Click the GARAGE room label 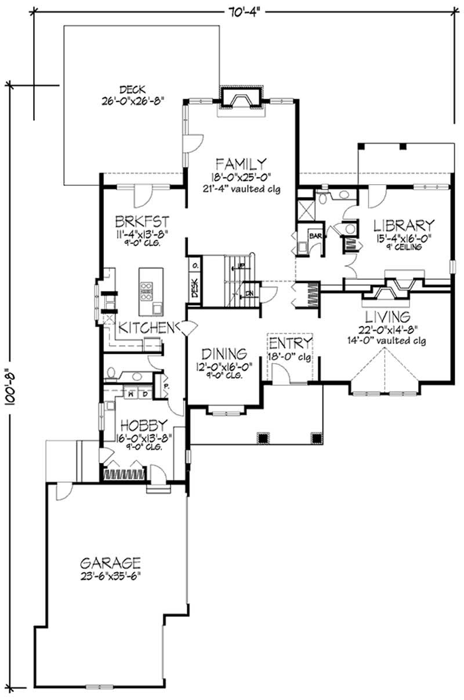pyautogui.click(x=110, y=562)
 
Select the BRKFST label pyautogui.click(x=142, y=221)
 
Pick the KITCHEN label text pyautogui.click(x=147, y=328)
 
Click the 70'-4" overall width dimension pyautogui.click(x=240, y=9)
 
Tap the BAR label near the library pyautogui.click(x=315, y=236)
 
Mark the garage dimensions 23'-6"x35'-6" pyautogui.click(x=110, y=575)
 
